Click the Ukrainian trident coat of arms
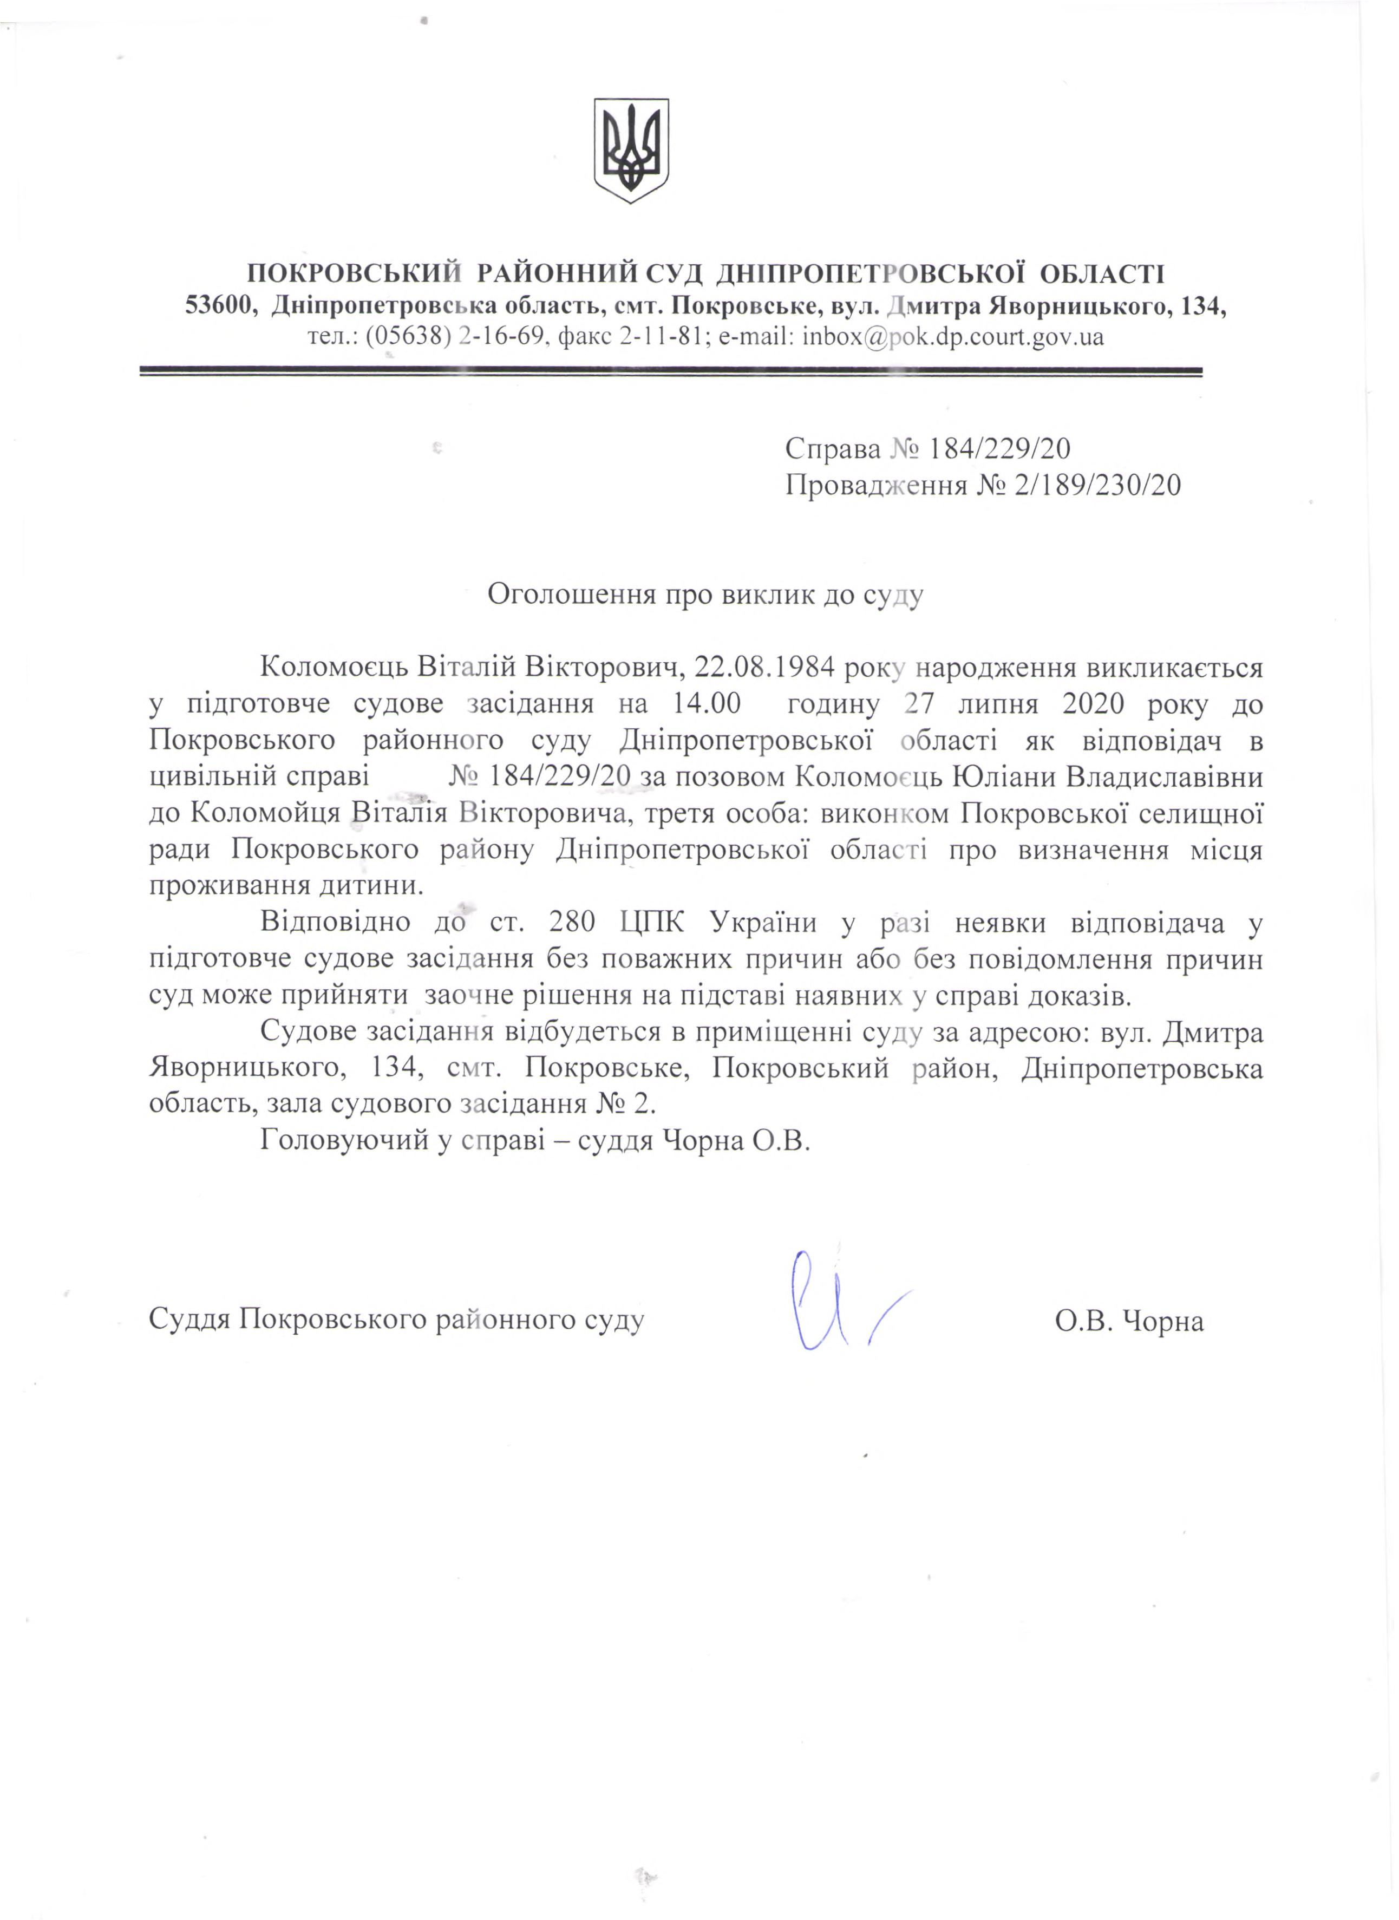point(631,150)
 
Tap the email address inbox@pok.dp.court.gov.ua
point(953,337)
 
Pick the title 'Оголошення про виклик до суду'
point(704,593)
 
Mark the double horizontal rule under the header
point(671,372)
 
